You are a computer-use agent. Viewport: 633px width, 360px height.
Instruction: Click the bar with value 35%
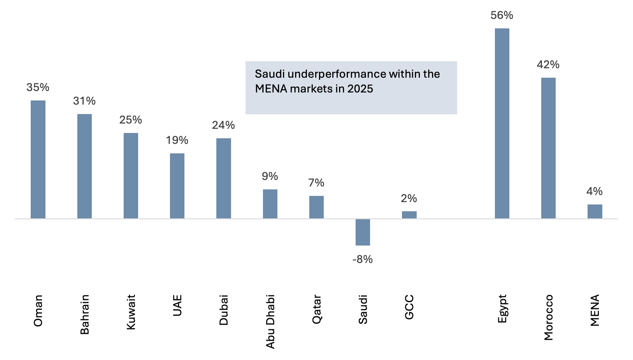click(x=38, y=159)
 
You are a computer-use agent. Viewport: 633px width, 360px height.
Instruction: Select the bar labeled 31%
click(x=84, y=166)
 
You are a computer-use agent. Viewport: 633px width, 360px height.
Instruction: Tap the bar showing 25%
click(x=131, y=176)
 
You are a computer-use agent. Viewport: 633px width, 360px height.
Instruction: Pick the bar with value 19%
click(x=177, y=186)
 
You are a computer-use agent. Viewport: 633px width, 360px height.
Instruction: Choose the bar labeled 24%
click(x=224, y=178)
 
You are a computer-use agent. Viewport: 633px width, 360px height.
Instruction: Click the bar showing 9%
click(x=270, y=204)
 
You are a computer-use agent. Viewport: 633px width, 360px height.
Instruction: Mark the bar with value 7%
click(x=316, y=207)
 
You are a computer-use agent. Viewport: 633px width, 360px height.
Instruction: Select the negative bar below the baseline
click(x=363, y=232)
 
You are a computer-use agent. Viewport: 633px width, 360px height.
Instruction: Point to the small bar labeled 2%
click(x=409, y=215)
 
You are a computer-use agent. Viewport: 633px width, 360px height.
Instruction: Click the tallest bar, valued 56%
click(x=502, y=123)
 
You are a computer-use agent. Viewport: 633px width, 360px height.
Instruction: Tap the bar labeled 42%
click(x=548, y=148)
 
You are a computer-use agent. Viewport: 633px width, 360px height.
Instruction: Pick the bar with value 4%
click(x=595, y=211)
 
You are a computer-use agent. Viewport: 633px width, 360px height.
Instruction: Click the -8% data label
click(x=363, y=260)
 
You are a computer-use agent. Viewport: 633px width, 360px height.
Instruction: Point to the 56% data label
click(x=502, y=16)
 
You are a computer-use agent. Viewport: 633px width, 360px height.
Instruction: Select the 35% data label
click(x=38, y=87)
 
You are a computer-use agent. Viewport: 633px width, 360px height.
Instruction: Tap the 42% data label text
click(x=548, y=65)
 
